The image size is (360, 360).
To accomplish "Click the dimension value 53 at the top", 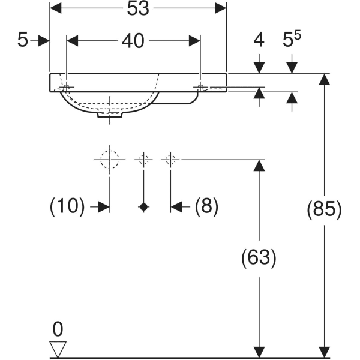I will point(137,8).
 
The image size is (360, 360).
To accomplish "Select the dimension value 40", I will point(133,41).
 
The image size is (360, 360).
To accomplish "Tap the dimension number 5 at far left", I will point(23,41).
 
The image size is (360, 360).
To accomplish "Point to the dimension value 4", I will point(259,41).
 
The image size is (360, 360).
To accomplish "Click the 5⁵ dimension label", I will point(292,40).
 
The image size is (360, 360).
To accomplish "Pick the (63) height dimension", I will point(259,258).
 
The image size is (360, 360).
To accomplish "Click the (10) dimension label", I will point(67,207).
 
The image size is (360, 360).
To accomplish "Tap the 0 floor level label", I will point(58,329).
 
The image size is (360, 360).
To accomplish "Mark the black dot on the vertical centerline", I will point(143,207).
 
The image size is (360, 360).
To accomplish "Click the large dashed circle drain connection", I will point(110,160).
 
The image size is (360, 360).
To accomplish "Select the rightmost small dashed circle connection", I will point(170,160).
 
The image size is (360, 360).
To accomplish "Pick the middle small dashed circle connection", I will point(143,160).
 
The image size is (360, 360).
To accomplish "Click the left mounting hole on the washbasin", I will point(67,88).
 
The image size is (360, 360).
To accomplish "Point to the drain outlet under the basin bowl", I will point(110,115).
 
